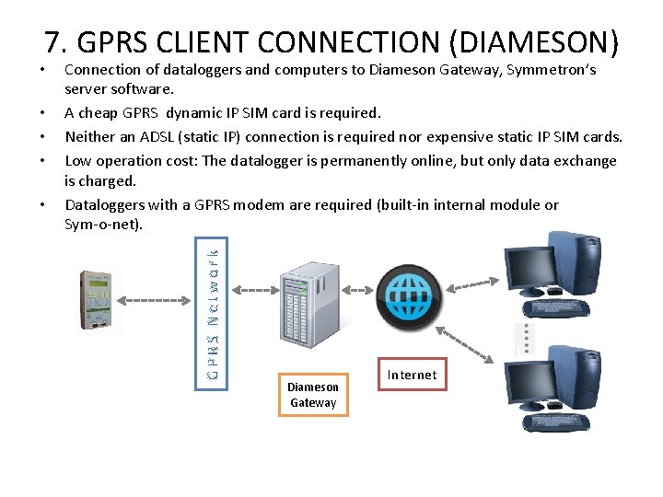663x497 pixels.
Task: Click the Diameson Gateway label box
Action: [313, 394]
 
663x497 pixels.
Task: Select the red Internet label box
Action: [412, 375]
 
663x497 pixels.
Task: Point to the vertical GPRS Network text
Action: [212, 311]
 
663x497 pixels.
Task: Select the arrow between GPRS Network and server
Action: [251, 289]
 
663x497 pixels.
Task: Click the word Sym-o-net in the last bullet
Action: [101, 224]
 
